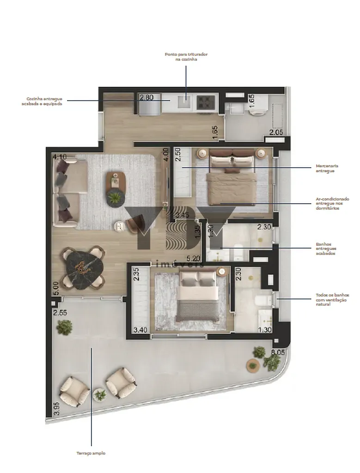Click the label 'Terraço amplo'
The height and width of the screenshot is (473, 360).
click(x=91, y=453)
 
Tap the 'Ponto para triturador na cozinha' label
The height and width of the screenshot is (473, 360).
click(x=186, y=57)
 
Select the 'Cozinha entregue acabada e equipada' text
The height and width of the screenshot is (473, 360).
click(x=44, y=101)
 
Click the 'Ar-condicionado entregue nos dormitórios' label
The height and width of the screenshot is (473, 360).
click(x=332, y=204)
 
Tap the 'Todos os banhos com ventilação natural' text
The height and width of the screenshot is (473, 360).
click(x=332, y=299)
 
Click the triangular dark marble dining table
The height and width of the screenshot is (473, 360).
click(x=83, y=268)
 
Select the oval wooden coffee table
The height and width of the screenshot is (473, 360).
click(x=116, y=181)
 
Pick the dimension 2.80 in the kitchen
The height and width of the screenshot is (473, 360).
click(x=146, y=97)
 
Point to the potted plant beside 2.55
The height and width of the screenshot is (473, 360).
click(x=64, y=327)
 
